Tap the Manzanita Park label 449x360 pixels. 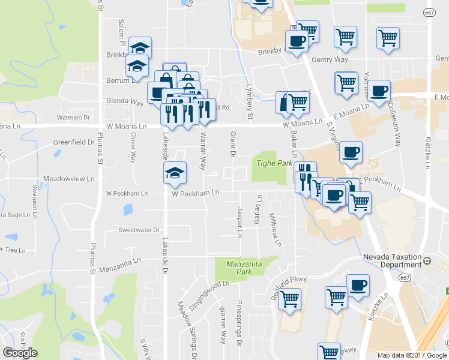point(246,266)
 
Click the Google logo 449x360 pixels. point(20,353)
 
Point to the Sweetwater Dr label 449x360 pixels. point(139,230)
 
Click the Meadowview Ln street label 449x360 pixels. point(70,179)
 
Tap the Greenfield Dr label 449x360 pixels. point(74,143)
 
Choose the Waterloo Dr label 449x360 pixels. point(73,118)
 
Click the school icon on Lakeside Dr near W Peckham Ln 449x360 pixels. point(174,173)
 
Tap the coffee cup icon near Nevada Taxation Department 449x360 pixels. point(358,285)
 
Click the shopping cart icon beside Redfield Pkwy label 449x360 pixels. point(291,298)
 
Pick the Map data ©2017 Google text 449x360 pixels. point(411,355)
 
